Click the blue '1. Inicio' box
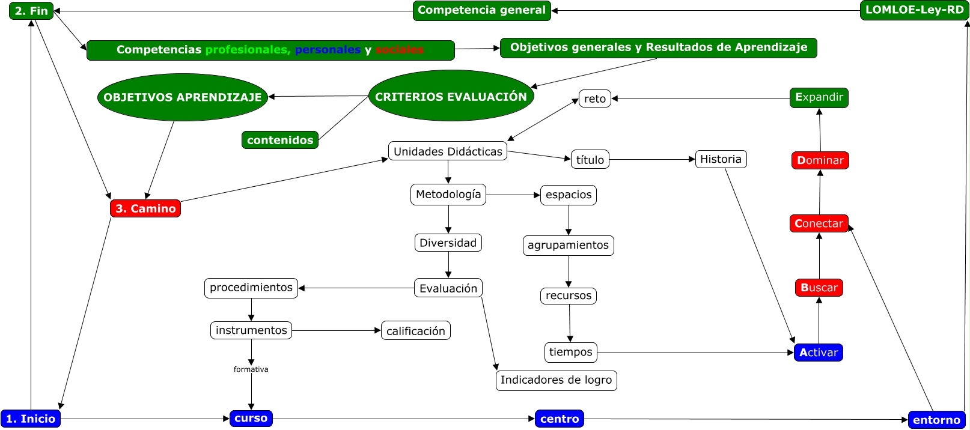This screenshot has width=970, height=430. click(31, 419)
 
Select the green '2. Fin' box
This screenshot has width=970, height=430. click(31, 11)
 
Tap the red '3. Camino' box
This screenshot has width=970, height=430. click(145, 208)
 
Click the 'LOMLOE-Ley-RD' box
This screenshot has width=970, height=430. click(914, 10)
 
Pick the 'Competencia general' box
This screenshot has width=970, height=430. click(481, 10)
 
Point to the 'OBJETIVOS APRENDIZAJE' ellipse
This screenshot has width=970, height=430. click(183, 97)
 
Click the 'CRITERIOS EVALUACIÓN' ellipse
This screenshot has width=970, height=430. click(451, 96)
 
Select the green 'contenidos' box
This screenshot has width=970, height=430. click(280, 140)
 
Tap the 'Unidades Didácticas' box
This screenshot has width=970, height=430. click(448, 151)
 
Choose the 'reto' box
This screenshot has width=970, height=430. click(595, 98)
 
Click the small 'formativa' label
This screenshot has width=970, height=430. click(251, 369)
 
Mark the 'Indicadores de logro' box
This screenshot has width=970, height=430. click(557, 380)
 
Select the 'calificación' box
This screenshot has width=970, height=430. click(416, 331)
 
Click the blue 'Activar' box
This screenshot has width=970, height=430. click(819, 353)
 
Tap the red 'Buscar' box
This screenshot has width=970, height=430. click(819, 288)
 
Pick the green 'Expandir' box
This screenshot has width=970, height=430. click(819, 97)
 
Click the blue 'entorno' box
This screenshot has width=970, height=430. click(936, 420)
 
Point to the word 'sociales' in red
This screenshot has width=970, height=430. click(400, 50)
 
